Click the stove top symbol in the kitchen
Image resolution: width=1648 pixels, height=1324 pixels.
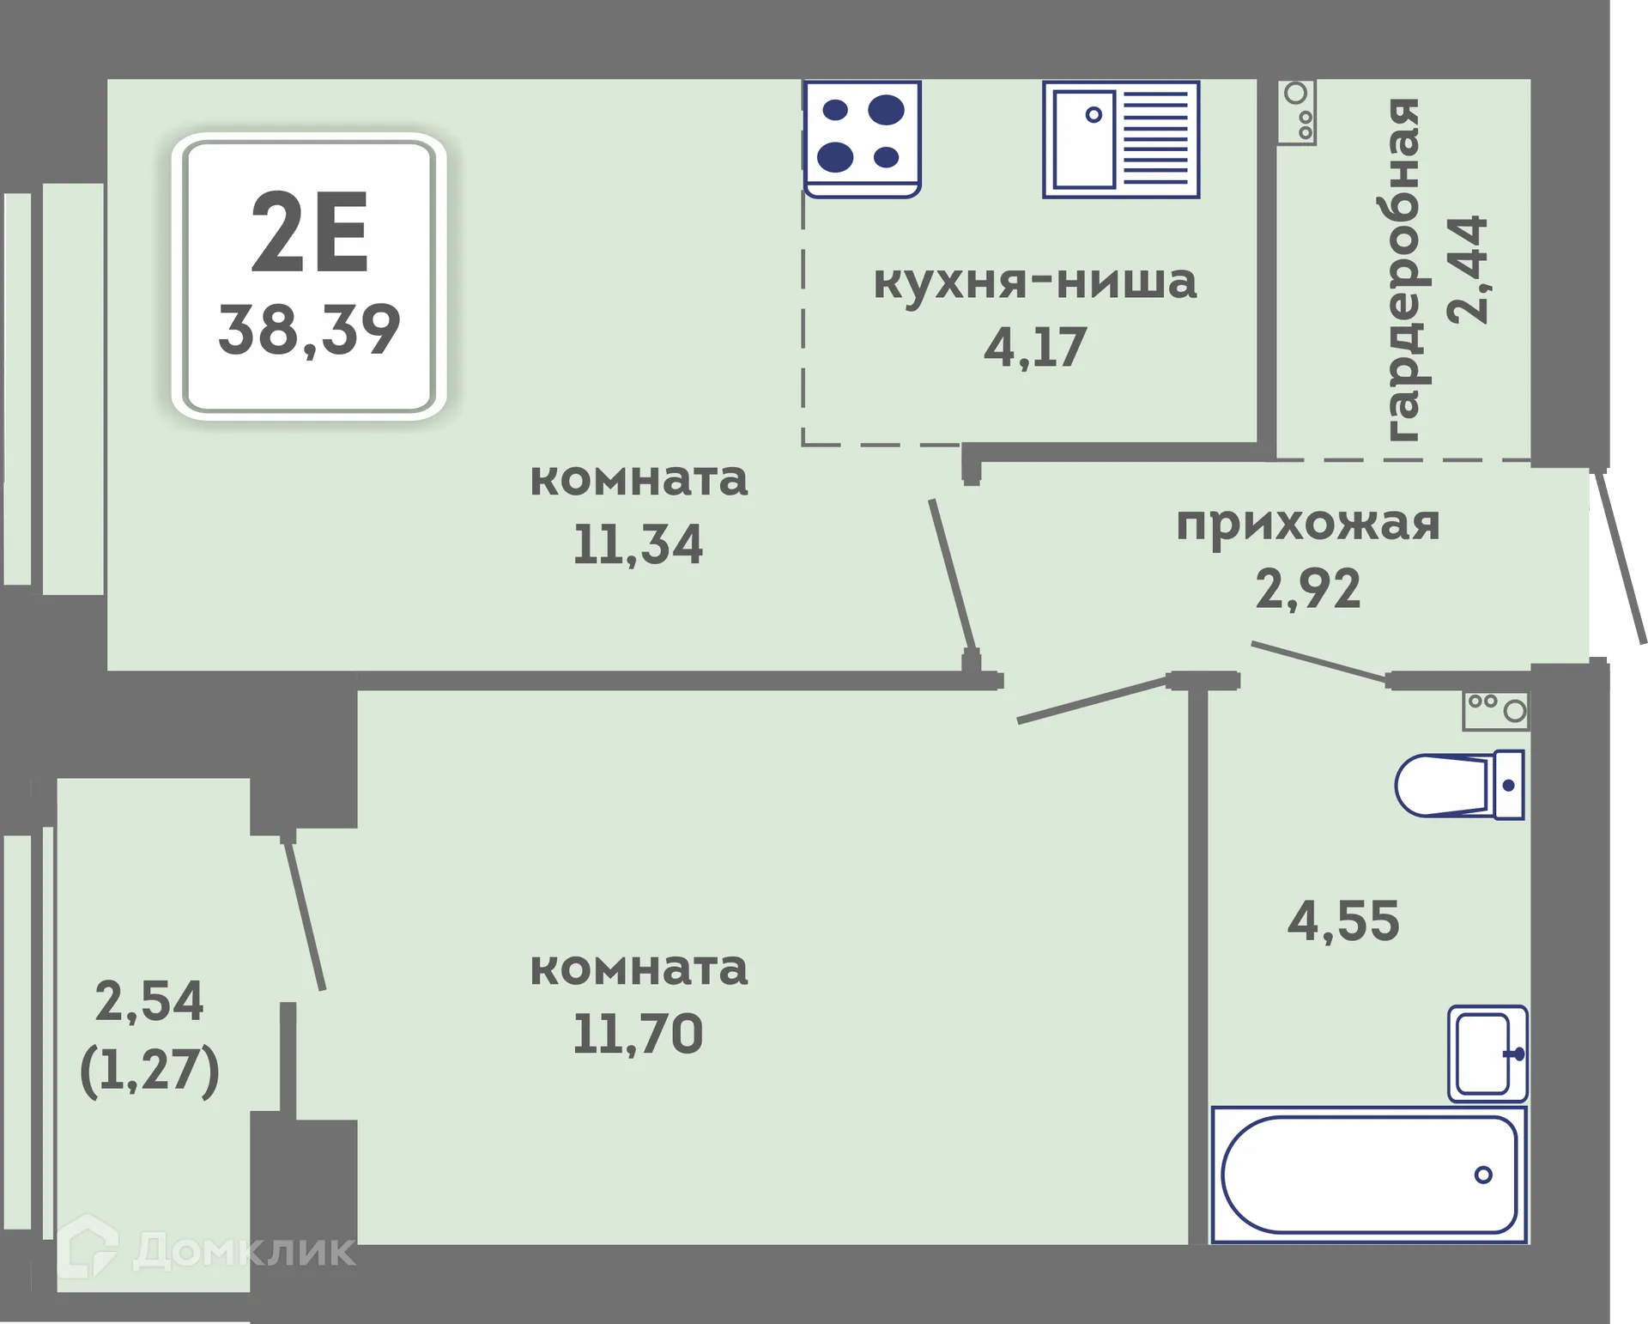pos(862,138)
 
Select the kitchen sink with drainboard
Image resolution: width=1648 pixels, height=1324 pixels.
pos(1120,139)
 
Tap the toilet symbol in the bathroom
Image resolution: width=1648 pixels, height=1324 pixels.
pos(1459,785)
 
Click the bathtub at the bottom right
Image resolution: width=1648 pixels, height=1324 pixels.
pos(1368,1175)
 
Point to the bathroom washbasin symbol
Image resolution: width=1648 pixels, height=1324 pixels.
pos(1487,1054)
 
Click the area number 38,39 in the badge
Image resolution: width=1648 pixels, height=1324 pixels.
pos(309,330)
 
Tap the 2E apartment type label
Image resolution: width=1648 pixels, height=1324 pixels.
pos(309,233)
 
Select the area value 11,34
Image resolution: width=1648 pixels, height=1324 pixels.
pos(638,544)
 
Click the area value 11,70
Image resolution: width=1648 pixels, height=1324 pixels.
pos(638,1034)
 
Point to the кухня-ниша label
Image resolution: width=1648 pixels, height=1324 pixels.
pos(1034,282)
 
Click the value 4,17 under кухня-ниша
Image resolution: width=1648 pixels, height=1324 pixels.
pos(1034,348)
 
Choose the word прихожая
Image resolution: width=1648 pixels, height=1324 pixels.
pos(1307,523)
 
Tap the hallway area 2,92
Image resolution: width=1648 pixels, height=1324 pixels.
pos(1307,589)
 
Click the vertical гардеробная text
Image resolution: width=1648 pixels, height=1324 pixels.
pos(1402,270)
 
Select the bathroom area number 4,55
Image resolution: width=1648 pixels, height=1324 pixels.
pos(1343,921)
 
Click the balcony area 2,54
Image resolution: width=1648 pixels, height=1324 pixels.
pos(149,1001)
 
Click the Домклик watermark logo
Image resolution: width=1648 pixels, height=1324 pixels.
pos(206,1249)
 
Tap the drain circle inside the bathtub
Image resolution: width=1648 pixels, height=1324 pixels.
pos(1482,1175)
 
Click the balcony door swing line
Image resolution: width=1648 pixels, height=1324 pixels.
pos(304,915)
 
